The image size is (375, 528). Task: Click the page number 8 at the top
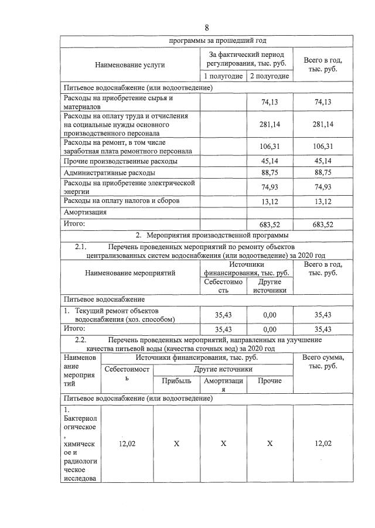207,28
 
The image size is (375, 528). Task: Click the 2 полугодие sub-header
269,76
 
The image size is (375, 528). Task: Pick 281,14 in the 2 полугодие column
269,124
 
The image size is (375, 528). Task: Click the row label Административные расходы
110,173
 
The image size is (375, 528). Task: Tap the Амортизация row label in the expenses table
85,212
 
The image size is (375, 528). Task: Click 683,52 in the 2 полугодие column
269,224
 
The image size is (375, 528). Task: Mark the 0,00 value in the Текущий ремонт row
269,315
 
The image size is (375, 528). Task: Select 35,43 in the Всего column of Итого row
323,329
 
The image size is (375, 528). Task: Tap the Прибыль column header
176,381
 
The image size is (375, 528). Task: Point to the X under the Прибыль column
176,444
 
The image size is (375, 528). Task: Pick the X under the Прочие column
270,444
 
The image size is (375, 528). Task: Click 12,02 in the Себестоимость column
127,444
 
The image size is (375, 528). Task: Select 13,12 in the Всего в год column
323,201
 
